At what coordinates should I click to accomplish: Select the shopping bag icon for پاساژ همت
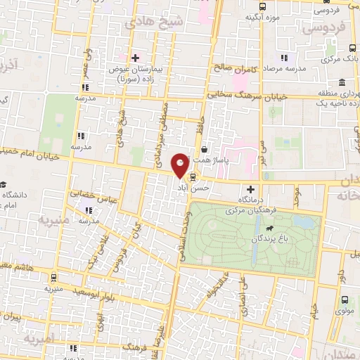pyautogui.click(x=204, y=149)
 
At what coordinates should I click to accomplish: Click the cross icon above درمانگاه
pyautogui.click(x=251, y=189)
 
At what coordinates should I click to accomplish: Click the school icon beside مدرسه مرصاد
pyautogui.click(x=284, y=58)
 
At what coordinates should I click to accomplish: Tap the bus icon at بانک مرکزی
pyautogui.click(x=352, y=49)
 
